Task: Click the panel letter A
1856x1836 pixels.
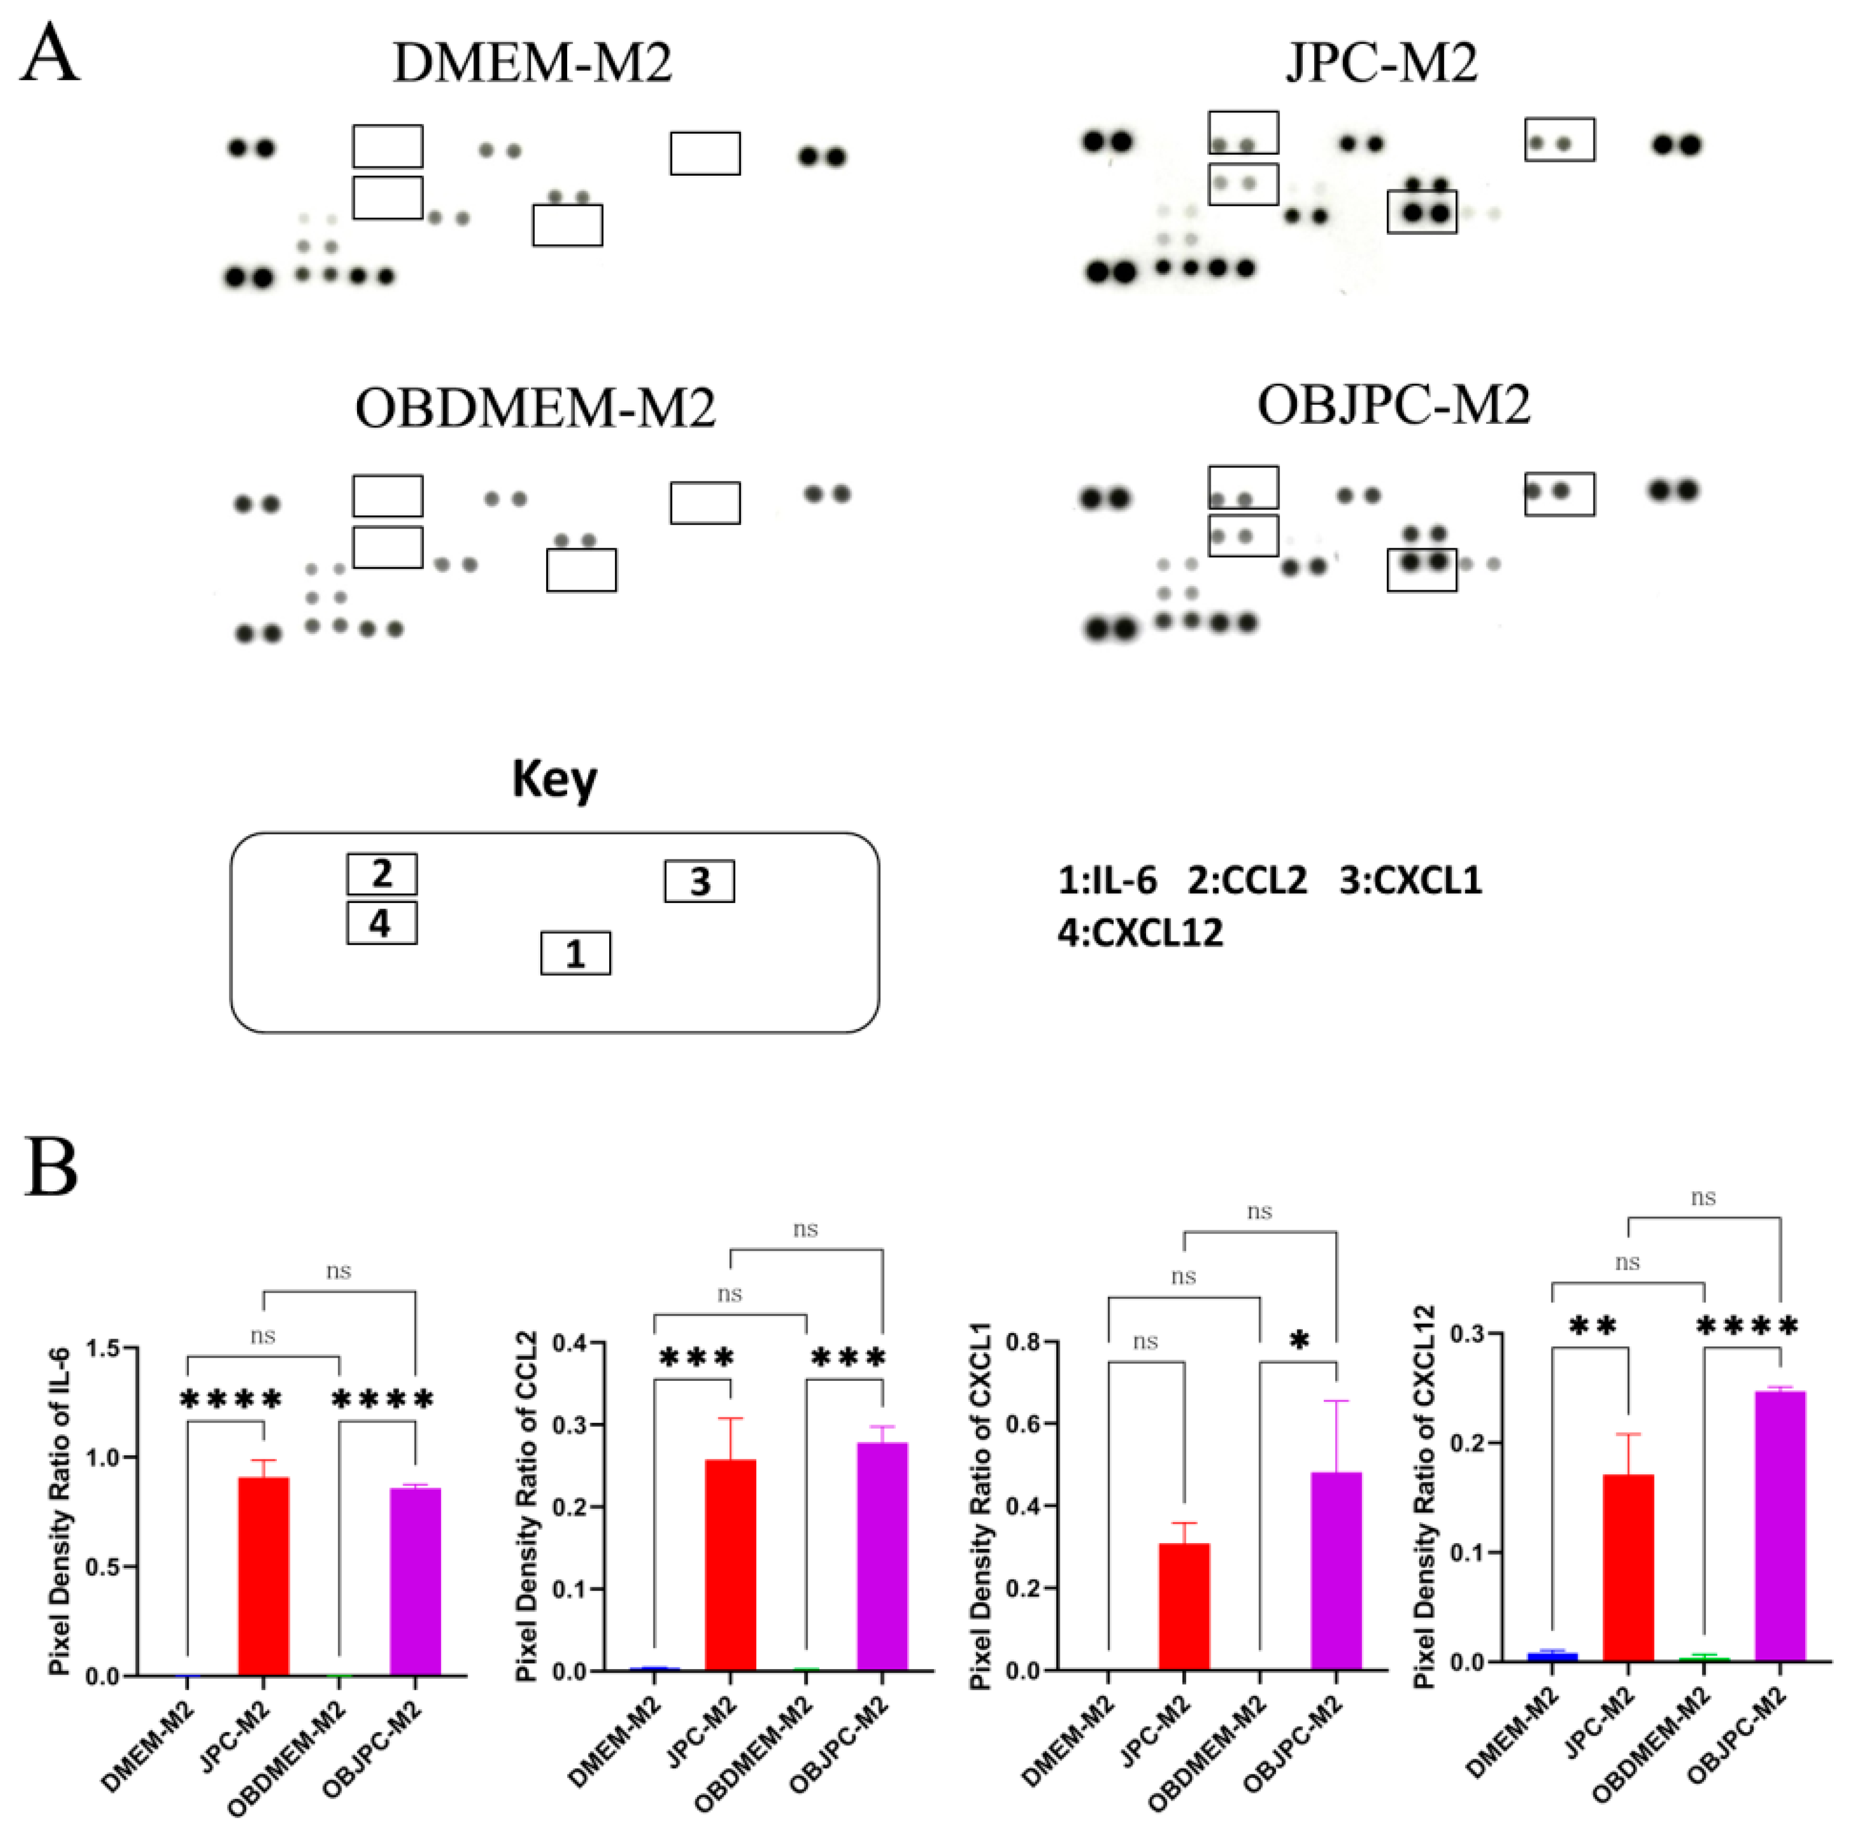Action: (50, 55)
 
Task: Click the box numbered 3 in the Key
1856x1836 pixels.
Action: (699, 881)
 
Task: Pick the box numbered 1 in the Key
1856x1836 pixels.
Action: (575, 953)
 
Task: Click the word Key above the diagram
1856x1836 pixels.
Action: (554, 778)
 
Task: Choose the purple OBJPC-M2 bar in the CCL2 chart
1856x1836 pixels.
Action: (882, 1557)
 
